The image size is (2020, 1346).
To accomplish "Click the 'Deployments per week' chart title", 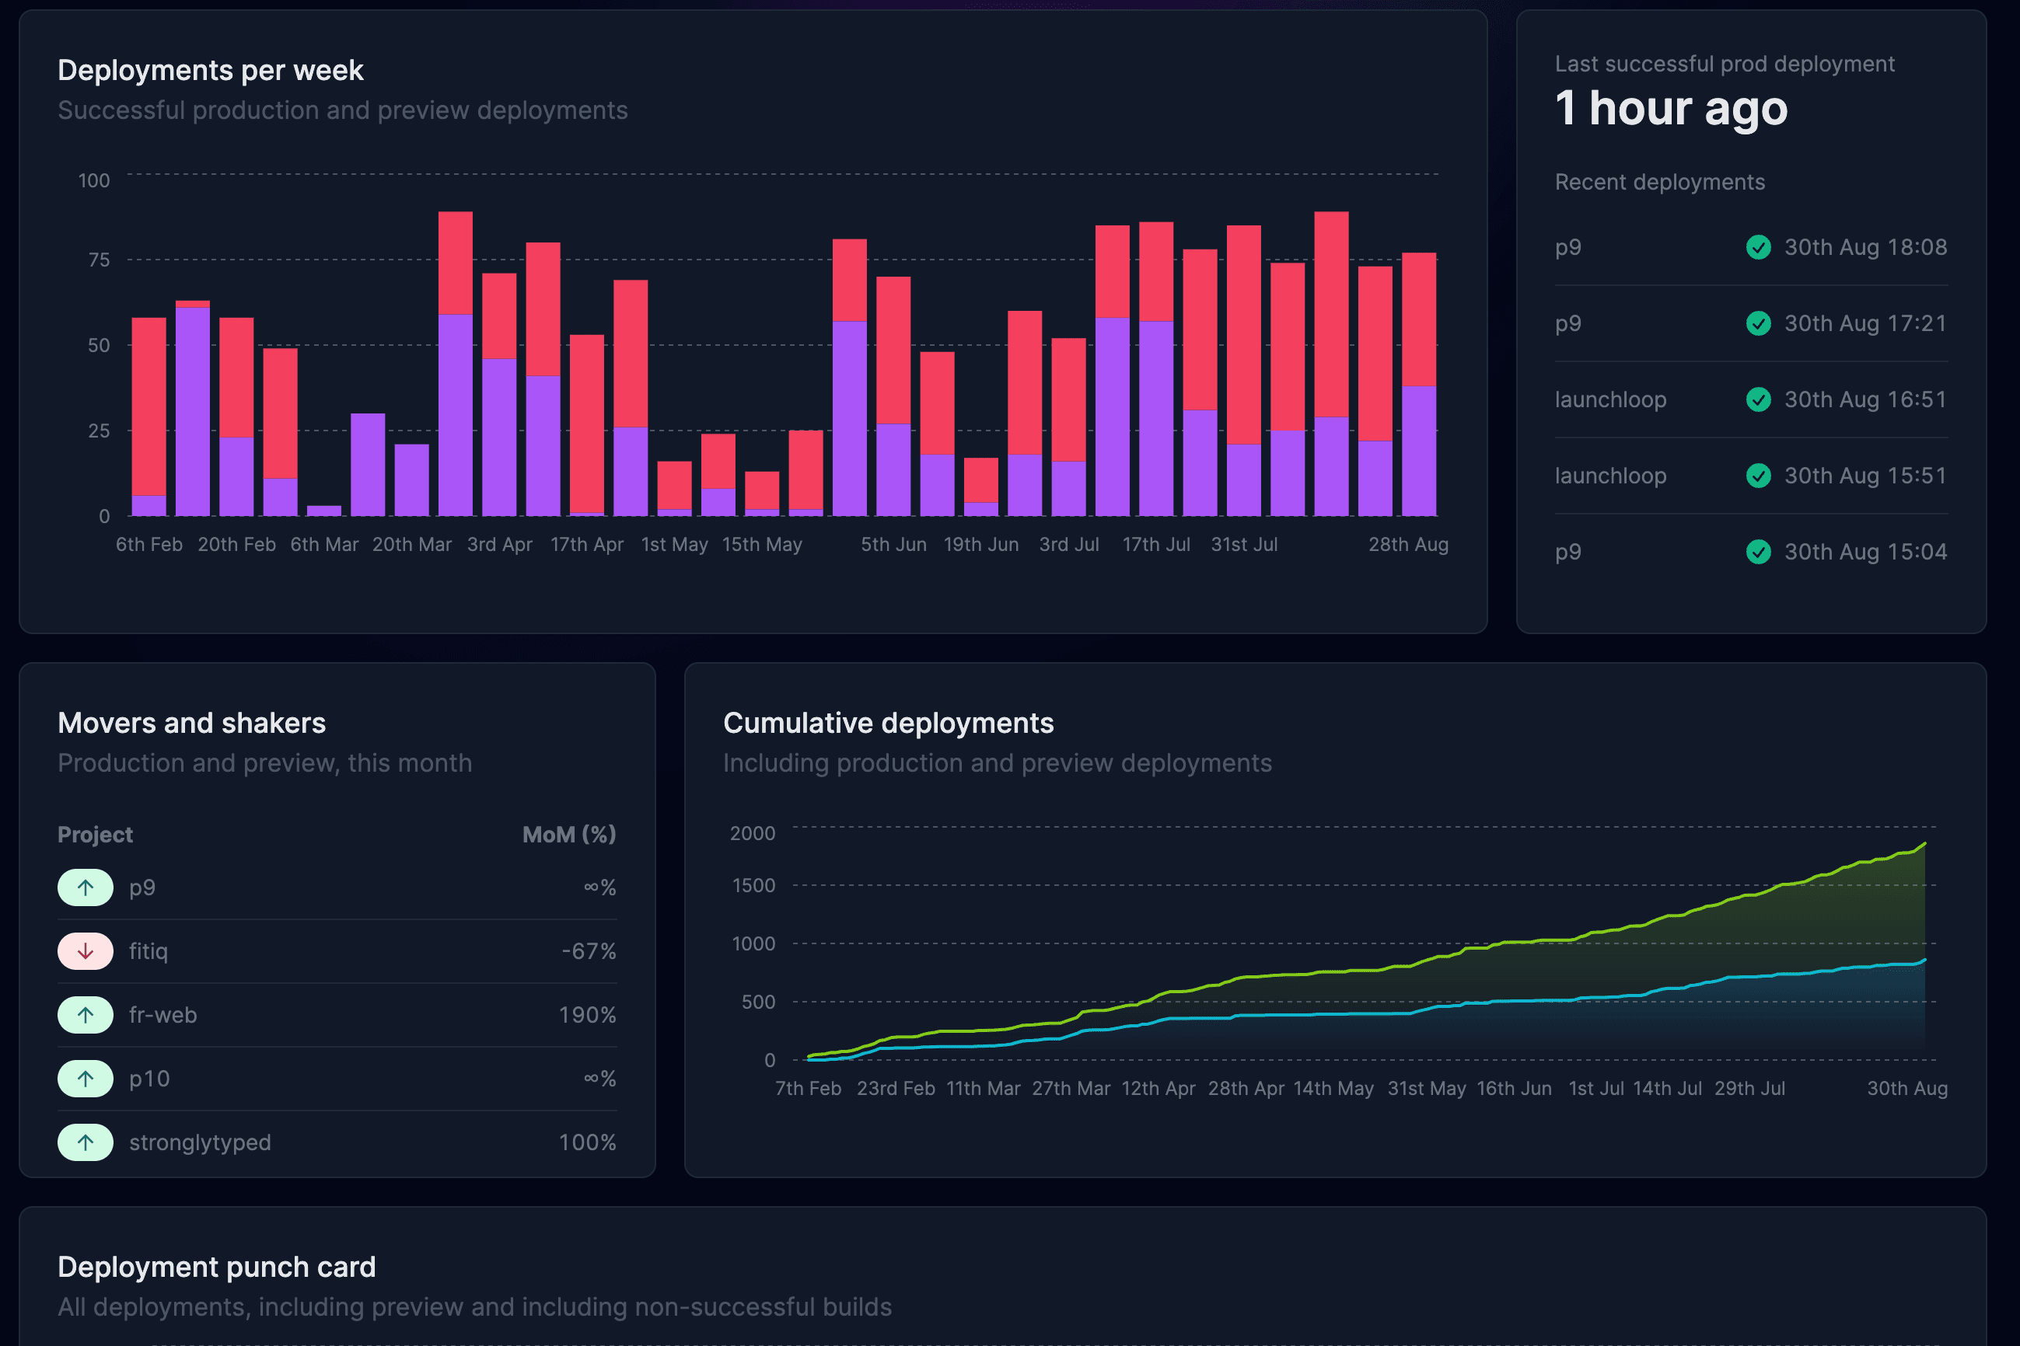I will click(x=211, y=71).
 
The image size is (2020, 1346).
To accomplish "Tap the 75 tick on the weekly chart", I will click(x=99, y=260).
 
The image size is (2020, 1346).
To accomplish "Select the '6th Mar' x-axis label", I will click(x=323, y=544).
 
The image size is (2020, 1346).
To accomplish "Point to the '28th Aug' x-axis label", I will click(x=1407, y=544).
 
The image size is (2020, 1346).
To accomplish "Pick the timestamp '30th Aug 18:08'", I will click(x=1865, y=247).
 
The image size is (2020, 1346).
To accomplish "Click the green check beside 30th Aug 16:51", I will click(x=1758, y=400).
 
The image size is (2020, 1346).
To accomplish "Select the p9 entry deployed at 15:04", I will click(x=1567, y=552).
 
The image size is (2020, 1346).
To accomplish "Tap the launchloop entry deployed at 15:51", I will click(x=1610, y=476).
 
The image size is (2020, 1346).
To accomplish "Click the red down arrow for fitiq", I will click(x=85, y=951).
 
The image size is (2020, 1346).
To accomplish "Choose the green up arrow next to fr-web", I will click(x=85, y=1015).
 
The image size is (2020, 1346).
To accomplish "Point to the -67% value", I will click(x=589, y=951).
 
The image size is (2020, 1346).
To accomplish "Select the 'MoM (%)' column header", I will click(x=568, y=835).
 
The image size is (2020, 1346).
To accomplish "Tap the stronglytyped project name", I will click(x=200, y=1142).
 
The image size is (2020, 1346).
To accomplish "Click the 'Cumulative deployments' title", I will click(x=888, y=723).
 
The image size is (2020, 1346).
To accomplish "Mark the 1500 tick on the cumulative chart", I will click(x=753, y=885).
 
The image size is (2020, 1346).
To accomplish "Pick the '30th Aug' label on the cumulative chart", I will click(x=1906, y=1089).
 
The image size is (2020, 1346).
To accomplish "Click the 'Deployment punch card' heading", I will click(x=216, y=1267).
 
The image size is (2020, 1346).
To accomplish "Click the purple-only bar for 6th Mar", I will click(x=323, y=511).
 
